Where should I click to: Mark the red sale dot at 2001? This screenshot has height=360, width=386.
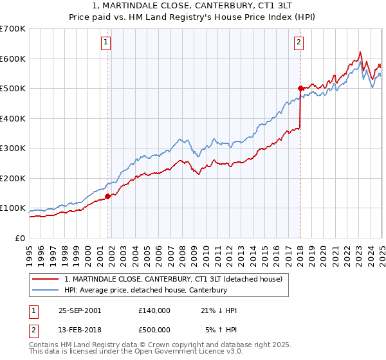click(108, 196)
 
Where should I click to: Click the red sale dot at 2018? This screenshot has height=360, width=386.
click(300, 88)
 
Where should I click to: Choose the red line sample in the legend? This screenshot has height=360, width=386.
click(45, 279)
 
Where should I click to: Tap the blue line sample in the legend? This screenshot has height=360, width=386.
click(45, 290)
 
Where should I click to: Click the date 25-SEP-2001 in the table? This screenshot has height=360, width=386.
click(80, 310)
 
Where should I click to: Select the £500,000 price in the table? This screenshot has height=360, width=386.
click(154, 330)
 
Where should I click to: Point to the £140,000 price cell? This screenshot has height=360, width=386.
click(154, 310)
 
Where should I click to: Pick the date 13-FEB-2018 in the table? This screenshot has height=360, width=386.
click(80, 330)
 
